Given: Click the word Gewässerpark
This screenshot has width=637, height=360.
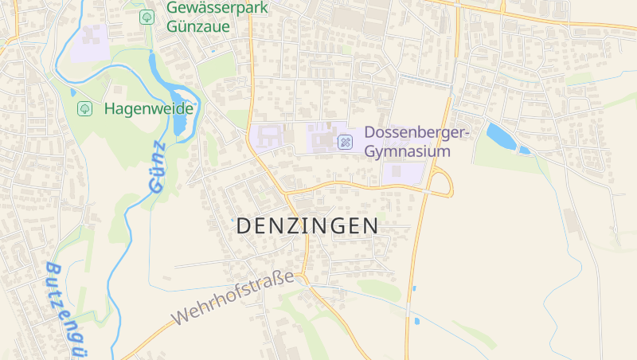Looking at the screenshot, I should (x=217, y=8).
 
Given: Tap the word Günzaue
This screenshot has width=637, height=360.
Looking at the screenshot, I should (x=198, y=26).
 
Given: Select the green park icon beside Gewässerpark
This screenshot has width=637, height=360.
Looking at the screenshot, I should (x=147, y=17).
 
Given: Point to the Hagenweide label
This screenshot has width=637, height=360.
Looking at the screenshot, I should (x=149, y=108).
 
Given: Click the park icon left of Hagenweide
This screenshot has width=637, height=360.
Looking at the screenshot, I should (x=84, y=108).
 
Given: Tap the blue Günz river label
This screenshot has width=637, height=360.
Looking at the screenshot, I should (x=156, y=166).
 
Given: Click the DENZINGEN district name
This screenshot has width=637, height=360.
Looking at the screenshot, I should (x=307, y=226).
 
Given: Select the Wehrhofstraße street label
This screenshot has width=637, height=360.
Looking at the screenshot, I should (x=233, y=299).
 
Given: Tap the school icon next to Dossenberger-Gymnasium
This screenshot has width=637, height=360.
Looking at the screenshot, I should (x=346, y=142).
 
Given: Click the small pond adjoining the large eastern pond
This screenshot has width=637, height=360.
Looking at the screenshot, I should (x=524, y=150).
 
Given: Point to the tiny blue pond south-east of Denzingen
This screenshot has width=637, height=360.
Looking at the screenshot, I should (x=416, y=322).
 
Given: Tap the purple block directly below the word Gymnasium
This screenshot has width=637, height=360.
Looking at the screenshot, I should (x=402, y=172).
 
